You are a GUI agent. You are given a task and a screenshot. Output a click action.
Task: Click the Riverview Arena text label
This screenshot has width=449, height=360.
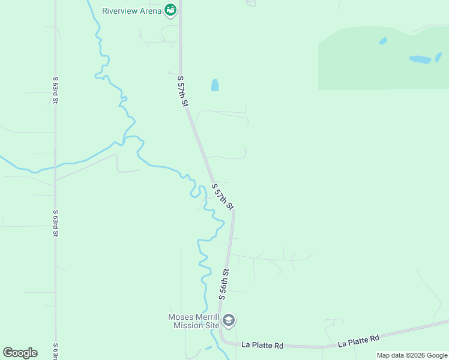[131, 11]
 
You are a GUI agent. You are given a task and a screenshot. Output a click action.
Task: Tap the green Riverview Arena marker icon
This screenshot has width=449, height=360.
[171, 10]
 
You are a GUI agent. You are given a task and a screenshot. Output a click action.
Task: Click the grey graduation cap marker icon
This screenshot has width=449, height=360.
[228, 320]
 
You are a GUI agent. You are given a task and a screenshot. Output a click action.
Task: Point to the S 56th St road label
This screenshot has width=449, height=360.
[224, 285]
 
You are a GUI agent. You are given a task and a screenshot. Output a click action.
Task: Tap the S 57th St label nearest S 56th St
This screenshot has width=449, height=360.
[223, 196]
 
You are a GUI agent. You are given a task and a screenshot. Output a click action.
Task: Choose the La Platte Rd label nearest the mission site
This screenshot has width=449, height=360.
[262, 345]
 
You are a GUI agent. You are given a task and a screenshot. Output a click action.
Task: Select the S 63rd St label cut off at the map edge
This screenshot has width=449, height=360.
[55, 351]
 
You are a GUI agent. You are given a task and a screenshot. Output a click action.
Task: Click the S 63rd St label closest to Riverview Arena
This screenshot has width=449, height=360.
[54, 90]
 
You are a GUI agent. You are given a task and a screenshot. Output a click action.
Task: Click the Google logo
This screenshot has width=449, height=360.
[20, 353]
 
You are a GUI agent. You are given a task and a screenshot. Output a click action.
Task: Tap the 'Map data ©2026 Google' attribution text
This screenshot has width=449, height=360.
[412, 355]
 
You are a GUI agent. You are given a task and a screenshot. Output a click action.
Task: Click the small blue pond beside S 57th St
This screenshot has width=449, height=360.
[215, 85]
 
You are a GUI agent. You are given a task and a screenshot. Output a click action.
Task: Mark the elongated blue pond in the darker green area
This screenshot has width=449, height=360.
[420, 59]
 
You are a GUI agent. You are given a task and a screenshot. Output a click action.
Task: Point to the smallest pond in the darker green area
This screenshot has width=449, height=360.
[383, 41]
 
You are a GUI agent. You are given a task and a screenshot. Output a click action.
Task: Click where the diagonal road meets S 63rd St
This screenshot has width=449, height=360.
[55, 180]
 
